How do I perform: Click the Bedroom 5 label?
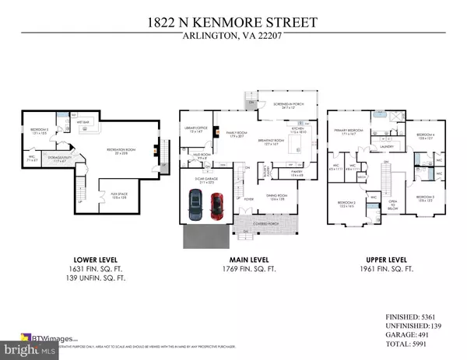39,131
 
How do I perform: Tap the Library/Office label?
191,130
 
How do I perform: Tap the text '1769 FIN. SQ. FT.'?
233,270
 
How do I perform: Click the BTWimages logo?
32,338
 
